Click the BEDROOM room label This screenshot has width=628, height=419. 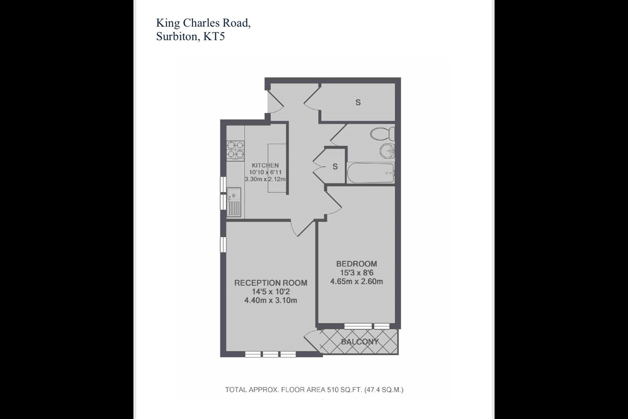click(x=356, y=264)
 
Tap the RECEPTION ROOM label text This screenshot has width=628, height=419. click(x=270, y=283)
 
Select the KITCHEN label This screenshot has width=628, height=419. click(x=265, y=165)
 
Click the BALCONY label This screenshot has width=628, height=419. click(x=360, y=342)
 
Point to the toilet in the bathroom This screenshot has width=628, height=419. click(x=384, y=134)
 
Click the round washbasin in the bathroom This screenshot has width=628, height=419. click(x=387, y=151)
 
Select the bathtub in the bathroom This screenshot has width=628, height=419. click(x=370, y=173)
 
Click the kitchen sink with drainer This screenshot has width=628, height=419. click(x=234, y=201)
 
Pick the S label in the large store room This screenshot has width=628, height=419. click(x=358, y=103)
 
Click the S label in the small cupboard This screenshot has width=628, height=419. click(x=335, y=167)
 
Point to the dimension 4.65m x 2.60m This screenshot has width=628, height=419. click(x=356, y=282)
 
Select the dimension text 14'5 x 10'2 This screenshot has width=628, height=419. click(x=270, y=292)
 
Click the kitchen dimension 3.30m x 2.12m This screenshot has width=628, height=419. click(x=265, y=179)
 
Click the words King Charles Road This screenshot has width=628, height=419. click(x=203, y=23)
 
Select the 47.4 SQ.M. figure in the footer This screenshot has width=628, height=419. click(x=384, y=390)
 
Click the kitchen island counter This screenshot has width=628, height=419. click(x=276, y=168)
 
